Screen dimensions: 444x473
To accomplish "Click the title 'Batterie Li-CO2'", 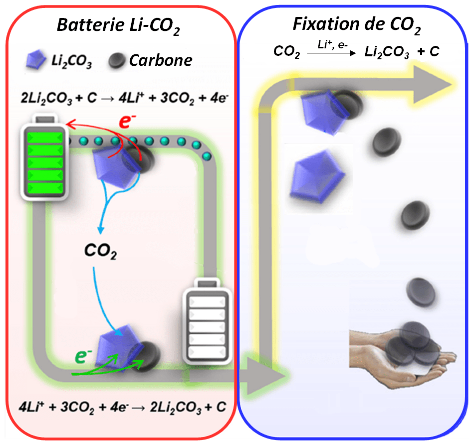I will pyautogui.click(x=118, y=26).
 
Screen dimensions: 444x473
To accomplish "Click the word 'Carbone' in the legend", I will pyautogui.click(x=161, y=60).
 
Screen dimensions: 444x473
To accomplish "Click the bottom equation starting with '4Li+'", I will pyautogui.click(x=119, y=406).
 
